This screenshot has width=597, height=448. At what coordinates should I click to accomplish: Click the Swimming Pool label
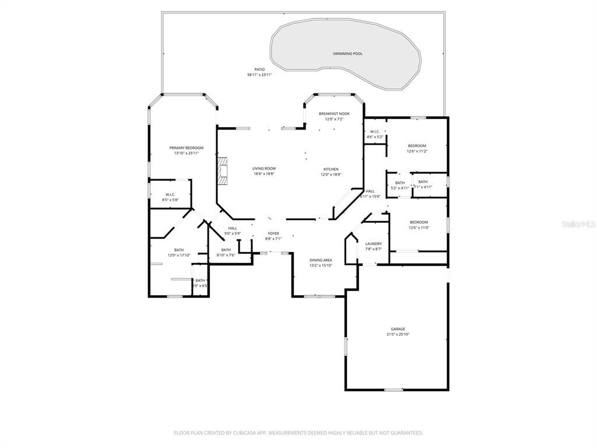tap(347, 54)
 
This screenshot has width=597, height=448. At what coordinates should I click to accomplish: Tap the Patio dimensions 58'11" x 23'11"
tap(259, 75)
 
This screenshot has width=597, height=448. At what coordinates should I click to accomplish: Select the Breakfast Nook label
tap(334, 113)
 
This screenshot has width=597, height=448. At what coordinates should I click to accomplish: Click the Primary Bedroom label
tap(186, 148)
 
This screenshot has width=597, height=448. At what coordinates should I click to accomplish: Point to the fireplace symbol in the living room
tap(222, 171)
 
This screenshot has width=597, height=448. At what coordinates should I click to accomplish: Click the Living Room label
tap(264, 168)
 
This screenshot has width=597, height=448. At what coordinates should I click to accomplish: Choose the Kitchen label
tap(331, 169)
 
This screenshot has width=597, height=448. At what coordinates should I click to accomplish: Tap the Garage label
tap(398, 329)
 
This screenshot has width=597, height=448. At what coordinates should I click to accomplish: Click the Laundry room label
tap(373, 243)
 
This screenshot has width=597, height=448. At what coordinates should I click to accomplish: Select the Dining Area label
tap(321, 260)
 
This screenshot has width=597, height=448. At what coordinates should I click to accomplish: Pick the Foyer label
tap(273, 233)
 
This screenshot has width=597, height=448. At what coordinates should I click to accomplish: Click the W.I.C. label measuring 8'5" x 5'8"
tap(170, 194)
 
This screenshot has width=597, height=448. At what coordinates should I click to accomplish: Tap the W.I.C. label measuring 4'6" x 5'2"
tap(374, 131)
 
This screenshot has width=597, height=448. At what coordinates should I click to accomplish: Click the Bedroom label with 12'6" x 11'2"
tap(416, 145)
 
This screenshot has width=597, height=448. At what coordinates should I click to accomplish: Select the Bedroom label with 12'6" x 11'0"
tap(418, 222)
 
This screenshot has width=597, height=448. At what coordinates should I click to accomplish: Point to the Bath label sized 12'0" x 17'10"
tap(178, 250)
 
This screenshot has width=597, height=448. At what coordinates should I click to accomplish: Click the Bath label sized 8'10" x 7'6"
tap(226, 250)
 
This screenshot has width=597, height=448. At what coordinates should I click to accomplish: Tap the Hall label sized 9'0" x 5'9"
tap(233, 228)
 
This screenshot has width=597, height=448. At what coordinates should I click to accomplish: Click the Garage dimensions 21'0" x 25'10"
tap(398, 335)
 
